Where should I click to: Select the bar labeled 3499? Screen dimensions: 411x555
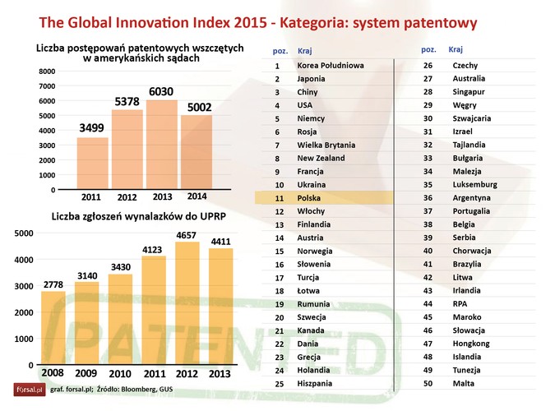pos(92,164)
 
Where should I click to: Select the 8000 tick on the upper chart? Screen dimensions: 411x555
pos(46,72)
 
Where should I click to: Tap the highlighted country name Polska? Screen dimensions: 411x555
pos(309,198)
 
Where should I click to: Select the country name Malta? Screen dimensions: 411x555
pos(464,383)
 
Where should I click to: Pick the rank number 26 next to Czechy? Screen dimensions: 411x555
pos(428,65)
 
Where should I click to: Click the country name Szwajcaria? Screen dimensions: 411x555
pos(472,118)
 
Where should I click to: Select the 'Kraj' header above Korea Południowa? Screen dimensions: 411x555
pos(305,51)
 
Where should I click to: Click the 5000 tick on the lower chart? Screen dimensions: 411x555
pos(25,233)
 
